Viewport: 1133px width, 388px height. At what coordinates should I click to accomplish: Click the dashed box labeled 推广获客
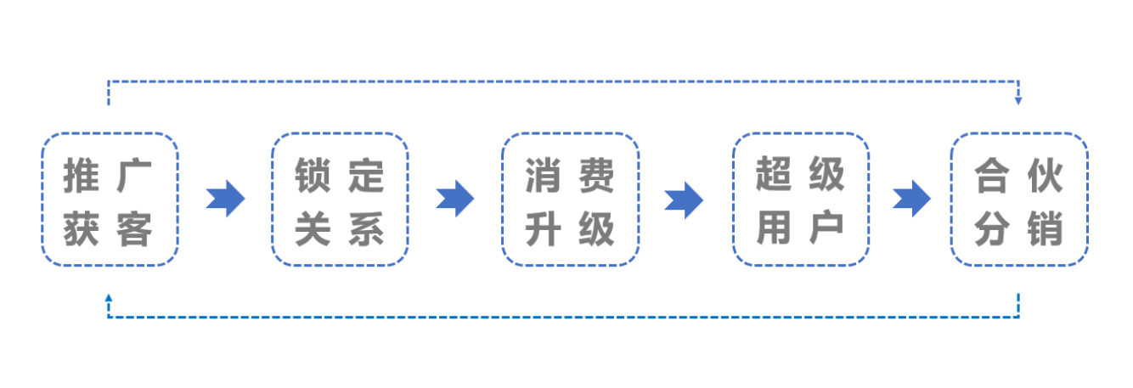pyautogui.click(x=110, y=133)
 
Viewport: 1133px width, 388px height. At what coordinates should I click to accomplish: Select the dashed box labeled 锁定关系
pyautogui.click(x=340, y=133)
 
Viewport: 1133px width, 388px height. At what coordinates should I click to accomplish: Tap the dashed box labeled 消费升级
pyautogui.click(x=571, y=133)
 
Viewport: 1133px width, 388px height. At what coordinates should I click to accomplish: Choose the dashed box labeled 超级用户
pyautogui.click(x=801, y=133)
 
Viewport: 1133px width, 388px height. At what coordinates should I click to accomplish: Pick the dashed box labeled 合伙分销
pyautogui.click(x=1019, y=133)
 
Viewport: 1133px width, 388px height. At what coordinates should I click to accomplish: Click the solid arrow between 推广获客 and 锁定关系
pyautogui.click(x=226, y=199)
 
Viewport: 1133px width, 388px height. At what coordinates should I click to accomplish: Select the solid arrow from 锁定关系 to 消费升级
pyautogui.click(x=455, y=199)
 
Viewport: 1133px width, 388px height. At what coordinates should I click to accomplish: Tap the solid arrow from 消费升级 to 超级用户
pyautogui.click(x=684, y=200)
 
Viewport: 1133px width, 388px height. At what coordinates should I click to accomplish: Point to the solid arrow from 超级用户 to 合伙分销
pyautogui.click(x=911, y=199)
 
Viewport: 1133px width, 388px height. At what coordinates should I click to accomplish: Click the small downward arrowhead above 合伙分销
pyautogui.click(x=1018, y=101)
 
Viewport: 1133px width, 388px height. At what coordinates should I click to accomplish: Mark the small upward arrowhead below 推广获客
pyautogui.click(x=108, y=298)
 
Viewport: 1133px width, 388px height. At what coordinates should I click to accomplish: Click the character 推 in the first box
pyautogui.click(x=82, y=175)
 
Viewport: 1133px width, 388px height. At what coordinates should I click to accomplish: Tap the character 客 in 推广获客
pyautogui.click(x=134, y=229)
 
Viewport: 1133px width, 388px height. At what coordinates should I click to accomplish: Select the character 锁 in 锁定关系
pyautogui.click(x=313, y=175)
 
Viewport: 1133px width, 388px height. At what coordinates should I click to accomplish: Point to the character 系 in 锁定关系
pyautogui.click(x=366, y=229)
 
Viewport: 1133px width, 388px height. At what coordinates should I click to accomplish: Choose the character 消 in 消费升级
pyautogui.click(x=544, y=175)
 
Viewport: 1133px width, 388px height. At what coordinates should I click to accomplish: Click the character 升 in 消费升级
pyautogui.click(x=544, y=229)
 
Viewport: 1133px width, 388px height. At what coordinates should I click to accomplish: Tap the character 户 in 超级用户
pyautogui.click(x=827, y=228)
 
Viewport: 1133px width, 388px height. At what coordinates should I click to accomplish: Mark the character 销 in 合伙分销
pyautogui.click(x=1045, y=229)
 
